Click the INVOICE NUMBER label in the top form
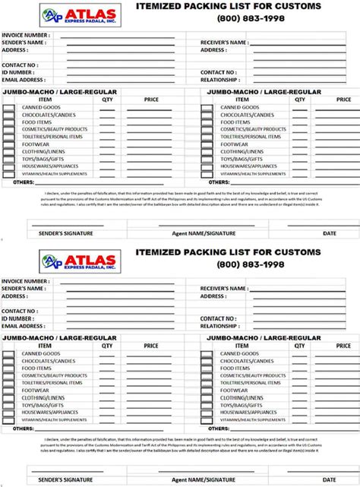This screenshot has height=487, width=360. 26,35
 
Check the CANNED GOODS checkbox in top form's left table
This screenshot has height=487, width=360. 8,108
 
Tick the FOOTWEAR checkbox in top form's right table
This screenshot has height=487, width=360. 207,144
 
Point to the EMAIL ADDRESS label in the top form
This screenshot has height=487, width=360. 24,79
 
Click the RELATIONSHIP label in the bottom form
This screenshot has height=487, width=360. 221,325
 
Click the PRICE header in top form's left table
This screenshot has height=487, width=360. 151,100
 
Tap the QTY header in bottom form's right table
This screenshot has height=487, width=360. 299,346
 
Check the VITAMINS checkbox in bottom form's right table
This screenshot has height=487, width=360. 207,419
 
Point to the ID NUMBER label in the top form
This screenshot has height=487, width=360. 20,72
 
